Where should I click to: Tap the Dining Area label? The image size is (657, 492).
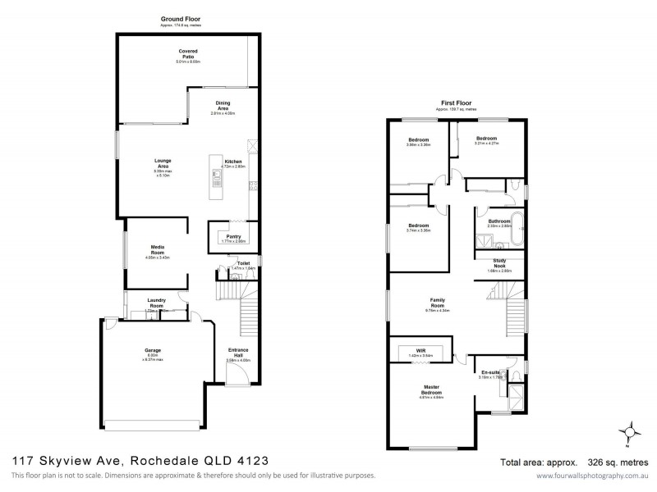pyautogui.click(x=223, y=106)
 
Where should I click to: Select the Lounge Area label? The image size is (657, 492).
pyautogui.click(x=150, y=164)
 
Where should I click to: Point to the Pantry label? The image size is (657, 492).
pyautogui.click(x=234, y=236)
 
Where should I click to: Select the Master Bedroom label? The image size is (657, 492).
pyautogui.click(x=432, y=390)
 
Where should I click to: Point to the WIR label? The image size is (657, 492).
pyautogui.click(x=420, y=350)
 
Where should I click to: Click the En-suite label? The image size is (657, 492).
pyautogui.click(x=490, y=372)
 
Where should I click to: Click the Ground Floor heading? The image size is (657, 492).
pyautogui.click(x=181, y=18)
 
